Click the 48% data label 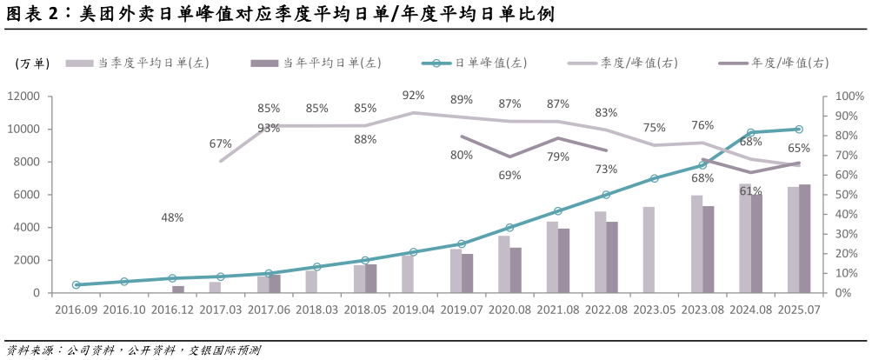[x=172, y=218]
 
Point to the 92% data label [x=413, y=96]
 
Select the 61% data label [x=750, y=191]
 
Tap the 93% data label [x=269, y=129]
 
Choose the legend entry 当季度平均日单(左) [x=153, y=63]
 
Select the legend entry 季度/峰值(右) [x=639, y=63]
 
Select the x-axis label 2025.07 [x=799, y=309]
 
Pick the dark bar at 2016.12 [x=178, y=289]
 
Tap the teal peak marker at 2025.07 [x=799, y=130]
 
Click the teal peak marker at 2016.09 [x=77, y=284]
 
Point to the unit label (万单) [x=32, y=63]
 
